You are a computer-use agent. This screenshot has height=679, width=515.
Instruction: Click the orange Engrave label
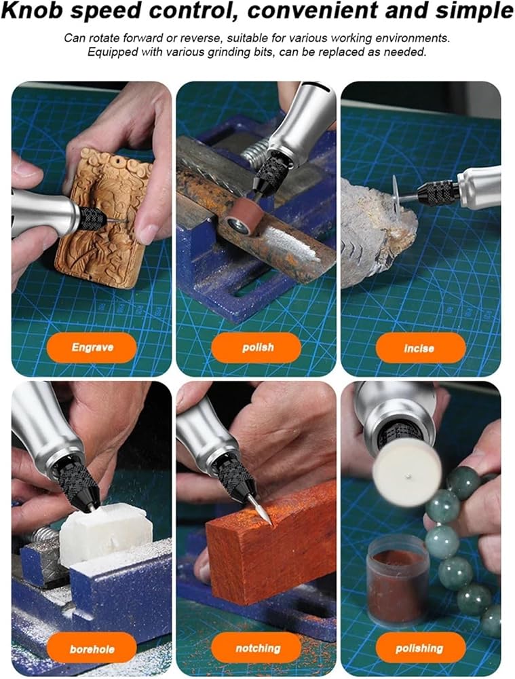tap(92, 347)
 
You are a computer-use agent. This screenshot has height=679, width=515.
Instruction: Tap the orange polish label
tap(256, 347)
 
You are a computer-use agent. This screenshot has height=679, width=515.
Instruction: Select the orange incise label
tap(421, 348)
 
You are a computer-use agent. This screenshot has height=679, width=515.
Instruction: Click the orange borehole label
tap(92, 648)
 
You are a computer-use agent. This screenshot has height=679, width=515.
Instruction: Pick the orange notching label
tap(256, 648)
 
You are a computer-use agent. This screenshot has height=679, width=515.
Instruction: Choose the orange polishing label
tap(421, 648)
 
